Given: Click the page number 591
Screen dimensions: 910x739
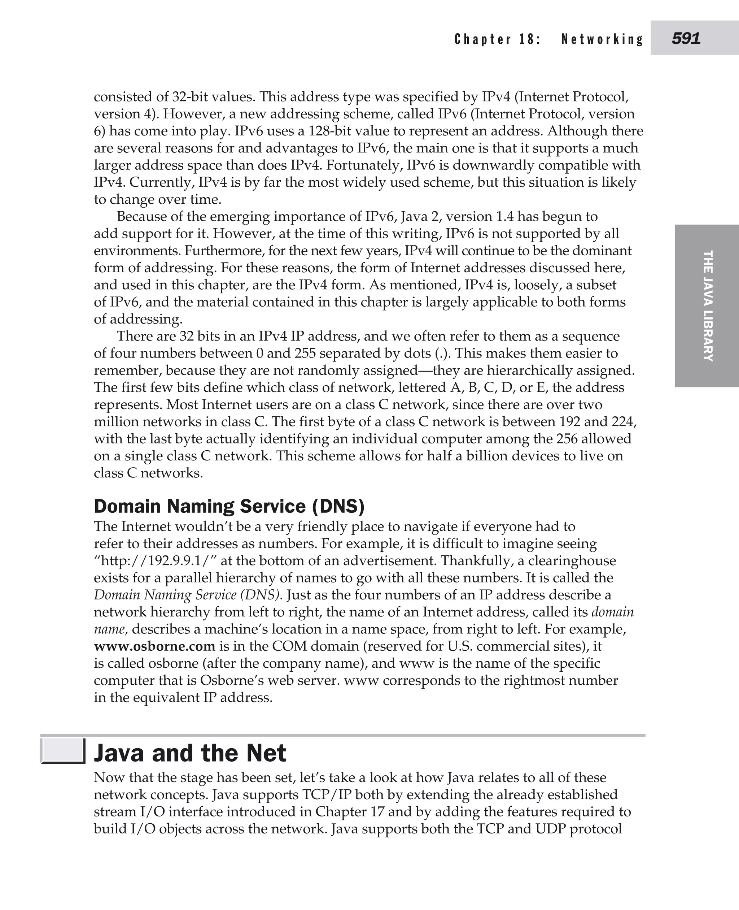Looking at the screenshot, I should click(x=686, y=39).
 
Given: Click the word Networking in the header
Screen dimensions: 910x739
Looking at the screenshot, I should click(x=602, y=39).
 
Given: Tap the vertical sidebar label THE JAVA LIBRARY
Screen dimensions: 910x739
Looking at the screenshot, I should click(x=708, y=306).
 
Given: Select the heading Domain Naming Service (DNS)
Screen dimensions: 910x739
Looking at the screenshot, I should click(x=229, y=506).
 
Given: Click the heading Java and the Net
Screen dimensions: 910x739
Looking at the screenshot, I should click(x=190, y=753).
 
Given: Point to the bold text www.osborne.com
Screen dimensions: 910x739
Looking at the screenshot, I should click(x=154, y=646).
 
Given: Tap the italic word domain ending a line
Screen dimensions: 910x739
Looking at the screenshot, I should click(x=613, y=612).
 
